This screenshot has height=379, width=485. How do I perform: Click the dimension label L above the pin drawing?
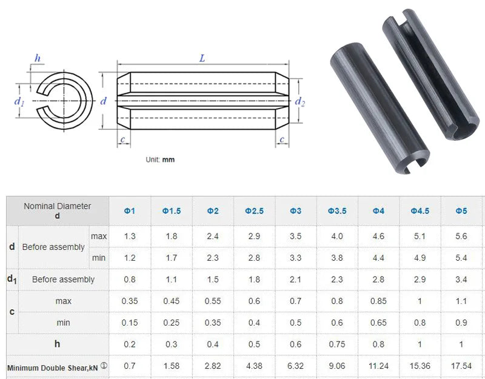[x=202, y=58]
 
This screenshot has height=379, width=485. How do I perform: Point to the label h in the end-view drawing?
[x=38, y=58]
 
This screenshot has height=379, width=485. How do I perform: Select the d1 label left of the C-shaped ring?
[x=19, y=101]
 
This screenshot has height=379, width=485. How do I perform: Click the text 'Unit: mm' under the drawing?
[x=160, y=159]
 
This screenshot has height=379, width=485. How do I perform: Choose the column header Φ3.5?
[x=337, y=211]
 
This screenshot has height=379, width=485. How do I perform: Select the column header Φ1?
[x=130, y=211]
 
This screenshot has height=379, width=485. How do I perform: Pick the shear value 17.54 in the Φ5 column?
[x=461, y=366]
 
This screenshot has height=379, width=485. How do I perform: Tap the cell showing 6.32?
[x=295, y=366]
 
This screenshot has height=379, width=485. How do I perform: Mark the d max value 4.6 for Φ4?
[x=378, y=236]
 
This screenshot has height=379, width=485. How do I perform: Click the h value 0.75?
[x=337, y=344]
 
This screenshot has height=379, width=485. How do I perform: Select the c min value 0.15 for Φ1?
[x=130, y=323]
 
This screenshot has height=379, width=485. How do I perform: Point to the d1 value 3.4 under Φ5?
[x=461, y=280]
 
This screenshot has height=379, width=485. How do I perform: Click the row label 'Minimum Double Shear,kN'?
[x=52, y=367]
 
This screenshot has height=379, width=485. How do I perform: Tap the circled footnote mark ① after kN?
[x=104, y=366]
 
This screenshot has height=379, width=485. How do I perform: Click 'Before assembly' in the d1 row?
[x=63, y=280]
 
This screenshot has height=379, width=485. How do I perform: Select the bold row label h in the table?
[x=57, y=344]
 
